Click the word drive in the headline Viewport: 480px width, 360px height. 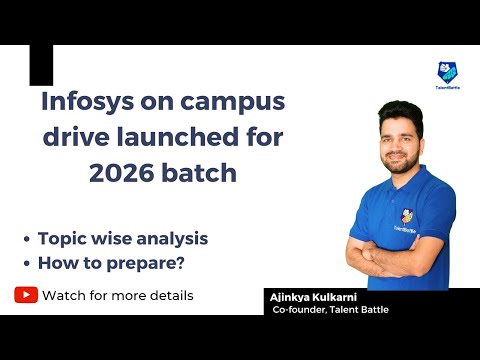click(73, 137)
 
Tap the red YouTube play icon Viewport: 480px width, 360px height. click(26, 295)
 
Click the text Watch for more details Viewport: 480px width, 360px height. click(118, 295)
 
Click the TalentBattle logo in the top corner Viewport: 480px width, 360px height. click(449, 73)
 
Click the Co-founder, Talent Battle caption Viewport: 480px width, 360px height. click(329, 310)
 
